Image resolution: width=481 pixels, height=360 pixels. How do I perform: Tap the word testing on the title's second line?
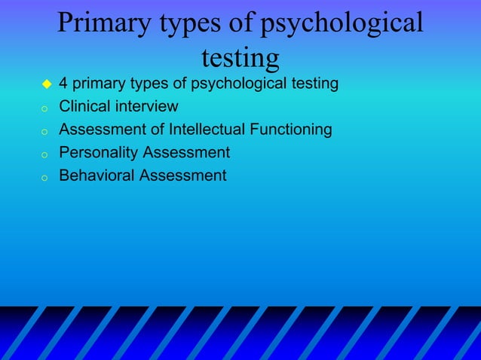[x=240, y=56]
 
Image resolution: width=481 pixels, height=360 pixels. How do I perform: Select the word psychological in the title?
[x=341, y=23]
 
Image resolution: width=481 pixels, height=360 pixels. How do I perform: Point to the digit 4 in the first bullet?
[x=63, y=83]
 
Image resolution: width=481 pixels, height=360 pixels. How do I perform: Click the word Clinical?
[x=83, y=106]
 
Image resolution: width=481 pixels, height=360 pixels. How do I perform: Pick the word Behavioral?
[x=93, y=175]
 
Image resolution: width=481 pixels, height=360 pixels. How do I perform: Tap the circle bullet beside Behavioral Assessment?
[x=45, y=178]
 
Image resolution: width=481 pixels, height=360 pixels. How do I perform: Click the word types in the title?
[x=190, y=23]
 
